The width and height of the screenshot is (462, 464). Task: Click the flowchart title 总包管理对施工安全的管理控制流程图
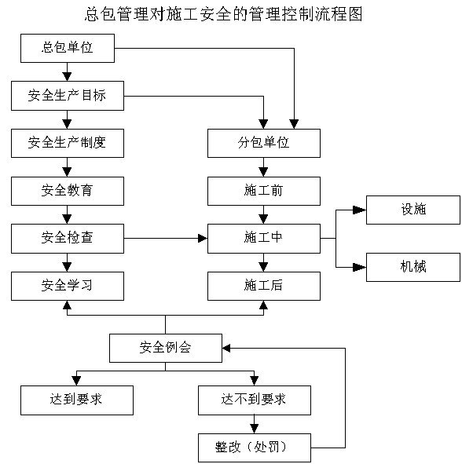pos(224,14)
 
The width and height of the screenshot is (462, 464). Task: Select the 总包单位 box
pos(68,48)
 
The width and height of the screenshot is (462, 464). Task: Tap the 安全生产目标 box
pos(68,96)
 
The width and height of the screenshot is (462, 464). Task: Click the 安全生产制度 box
pos(68,143)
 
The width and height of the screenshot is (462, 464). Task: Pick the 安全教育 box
pos(68,191)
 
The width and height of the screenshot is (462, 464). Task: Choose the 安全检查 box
pos(68,238)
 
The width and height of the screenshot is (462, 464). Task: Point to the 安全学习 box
pos(68,286)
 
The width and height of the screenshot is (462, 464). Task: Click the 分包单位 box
pos(263,143)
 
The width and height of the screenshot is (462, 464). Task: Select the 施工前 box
pos(263,191)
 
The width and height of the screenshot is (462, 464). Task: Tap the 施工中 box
pos(263,238)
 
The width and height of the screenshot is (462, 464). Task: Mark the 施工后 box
pos(263,286)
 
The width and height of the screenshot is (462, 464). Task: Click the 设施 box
pos(413,210)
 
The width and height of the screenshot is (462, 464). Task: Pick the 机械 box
pos(413,267)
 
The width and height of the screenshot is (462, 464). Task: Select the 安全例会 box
pos(166,348)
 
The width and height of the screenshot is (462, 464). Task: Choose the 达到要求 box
pos(77,400)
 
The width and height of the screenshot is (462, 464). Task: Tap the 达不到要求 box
pos(255,400)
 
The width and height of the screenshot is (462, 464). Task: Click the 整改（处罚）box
pos(255,448)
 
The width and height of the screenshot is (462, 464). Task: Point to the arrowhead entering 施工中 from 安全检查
pos(203,238)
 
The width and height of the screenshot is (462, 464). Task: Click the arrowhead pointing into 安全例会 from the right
pos(226,349)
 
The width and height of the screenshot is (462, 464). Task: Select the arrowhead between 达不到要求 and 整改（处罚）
pos(254,429)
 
